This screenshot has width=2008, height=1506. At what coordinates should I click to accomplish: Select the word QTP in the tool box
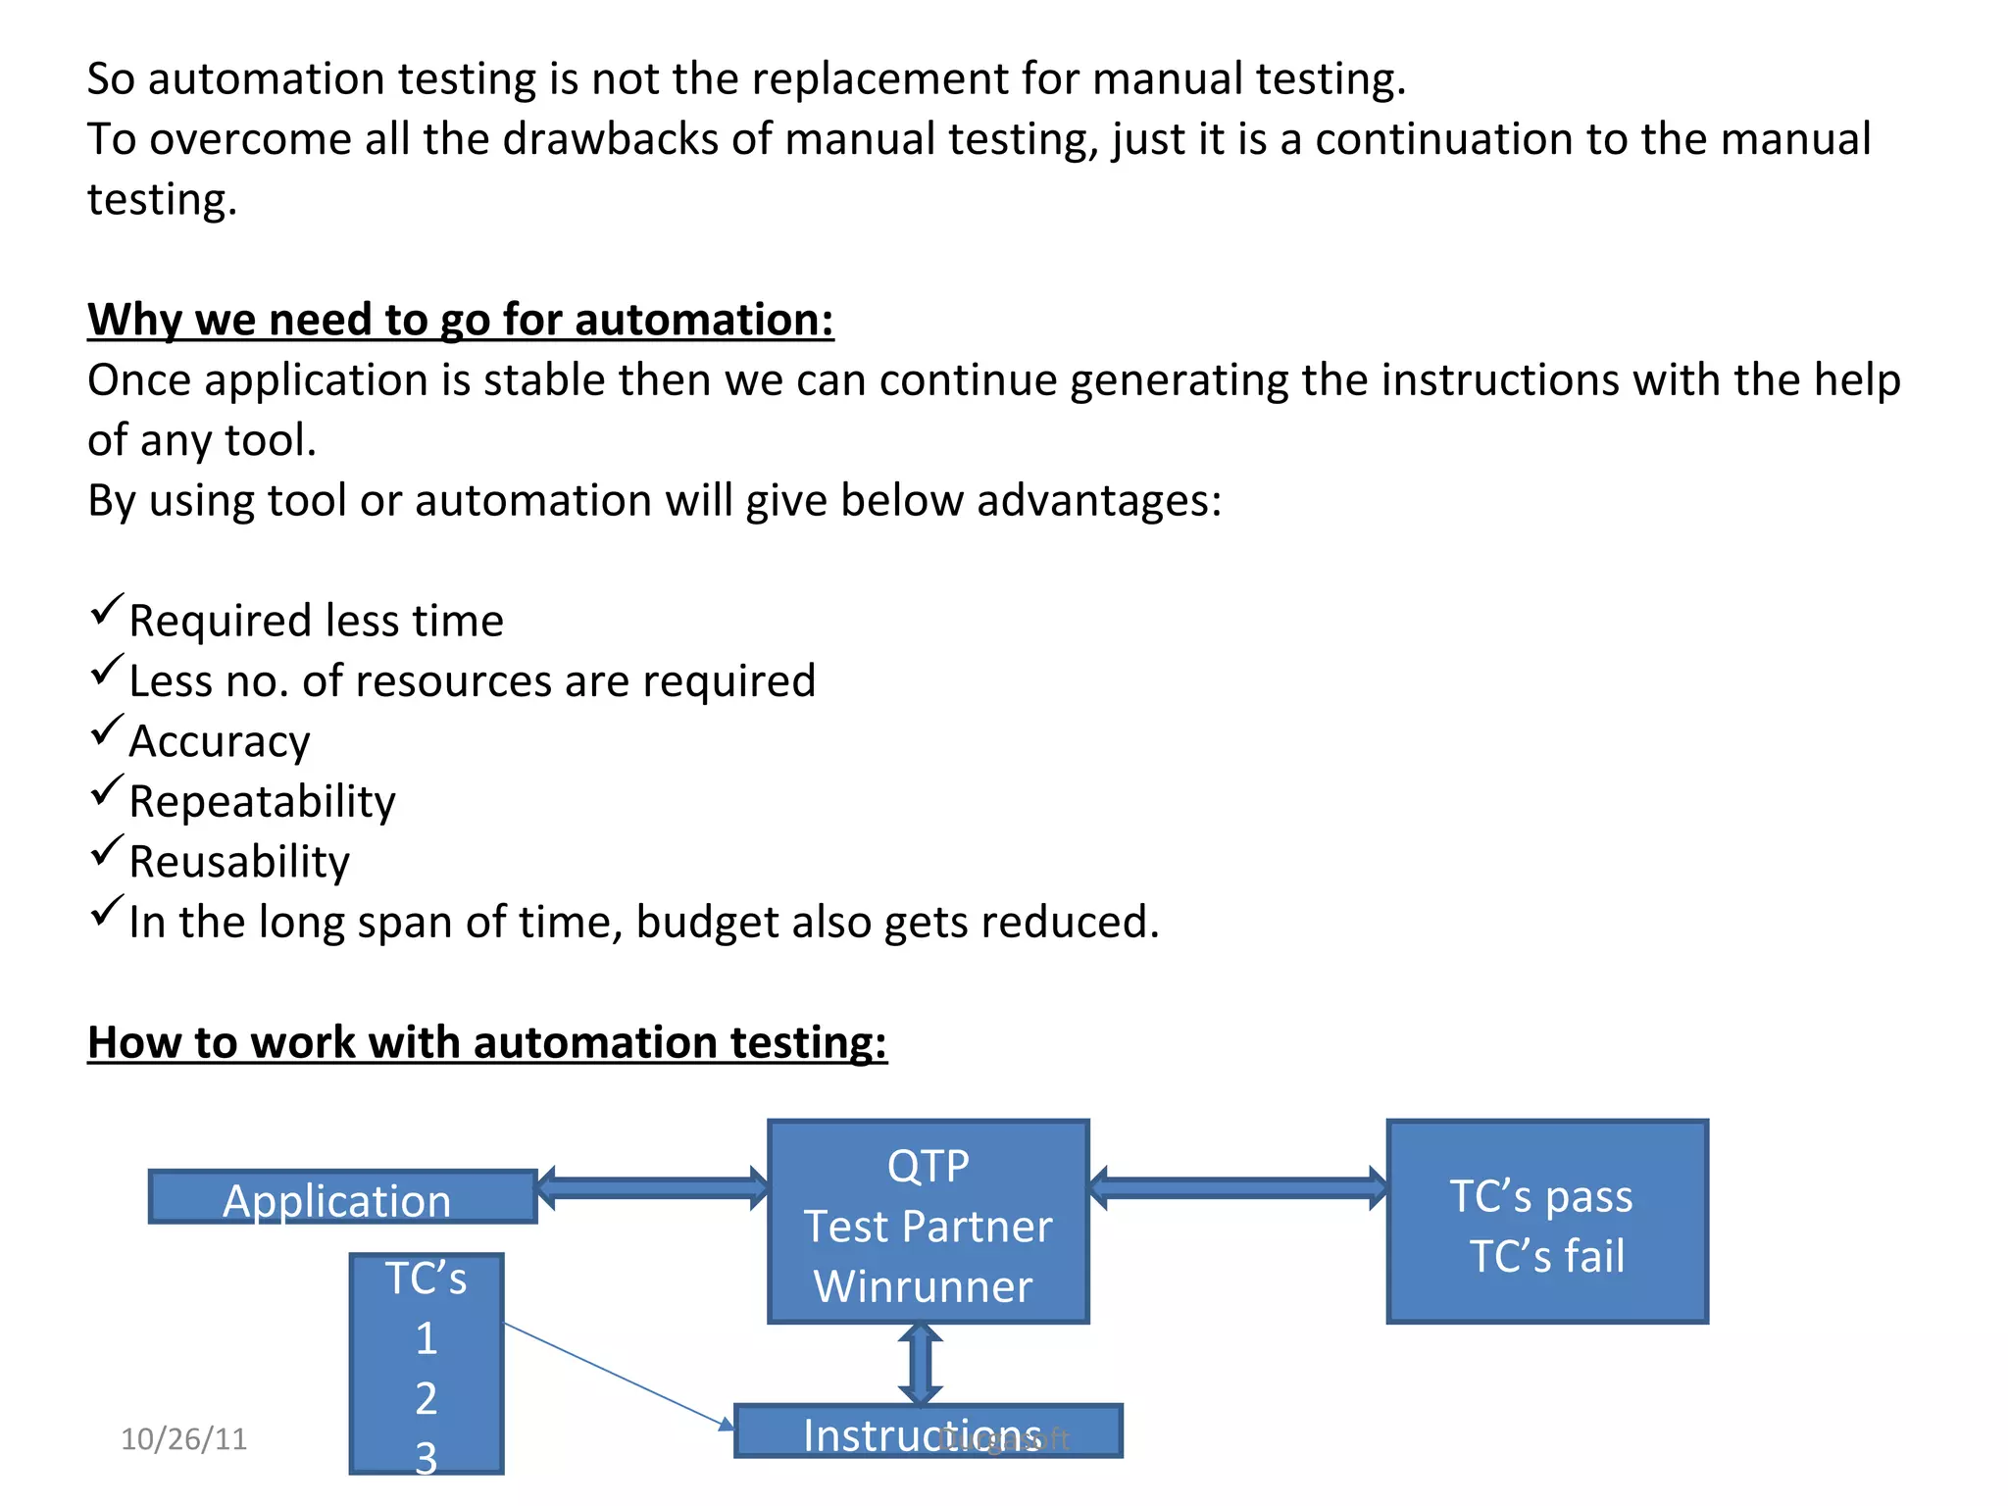pos(928,1166)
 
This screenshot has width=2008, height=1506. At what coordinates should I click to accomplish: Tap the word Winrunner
pos(923,1286)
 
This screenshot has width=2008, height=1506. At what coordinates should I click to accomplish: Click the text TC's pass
pos(1540,1196)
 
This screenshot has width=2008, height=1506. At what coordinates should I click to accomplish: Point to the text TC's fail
pos(1546,1256)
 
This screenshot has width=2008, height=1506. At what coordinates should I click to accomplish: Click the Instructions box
pos(927,1432)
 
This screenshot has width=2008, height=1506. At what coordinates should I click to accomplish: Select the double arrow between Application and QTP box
pos(652,1188)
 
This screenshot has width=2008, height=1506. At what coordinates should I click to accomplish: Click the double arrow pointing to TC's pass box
pos(1237,1188)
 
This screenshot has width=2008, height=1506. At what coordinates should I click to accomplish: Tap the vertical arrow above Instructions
pos(920,1364)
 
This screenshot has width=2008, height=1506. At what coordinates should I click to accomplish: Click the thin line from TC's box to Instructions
pos(618,1376)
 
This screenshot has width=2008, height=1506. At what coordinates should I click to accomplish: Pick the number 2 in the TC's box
pos(426,1398)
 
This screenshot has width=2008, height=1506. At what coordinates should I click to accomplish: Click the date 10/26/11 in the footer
pos(183,1438)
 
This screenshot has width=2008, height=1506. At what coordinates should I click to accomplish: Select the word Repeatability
pos(262,802)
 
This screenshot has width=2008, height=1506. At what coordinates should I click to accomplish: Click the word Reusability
pos(238,862)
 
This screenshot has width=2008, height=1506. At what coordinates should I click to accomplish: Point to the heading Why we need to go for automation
pos(460,320)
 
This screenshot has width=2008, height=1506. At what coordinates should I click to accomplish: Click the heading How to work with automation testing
pos(486,1042)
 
